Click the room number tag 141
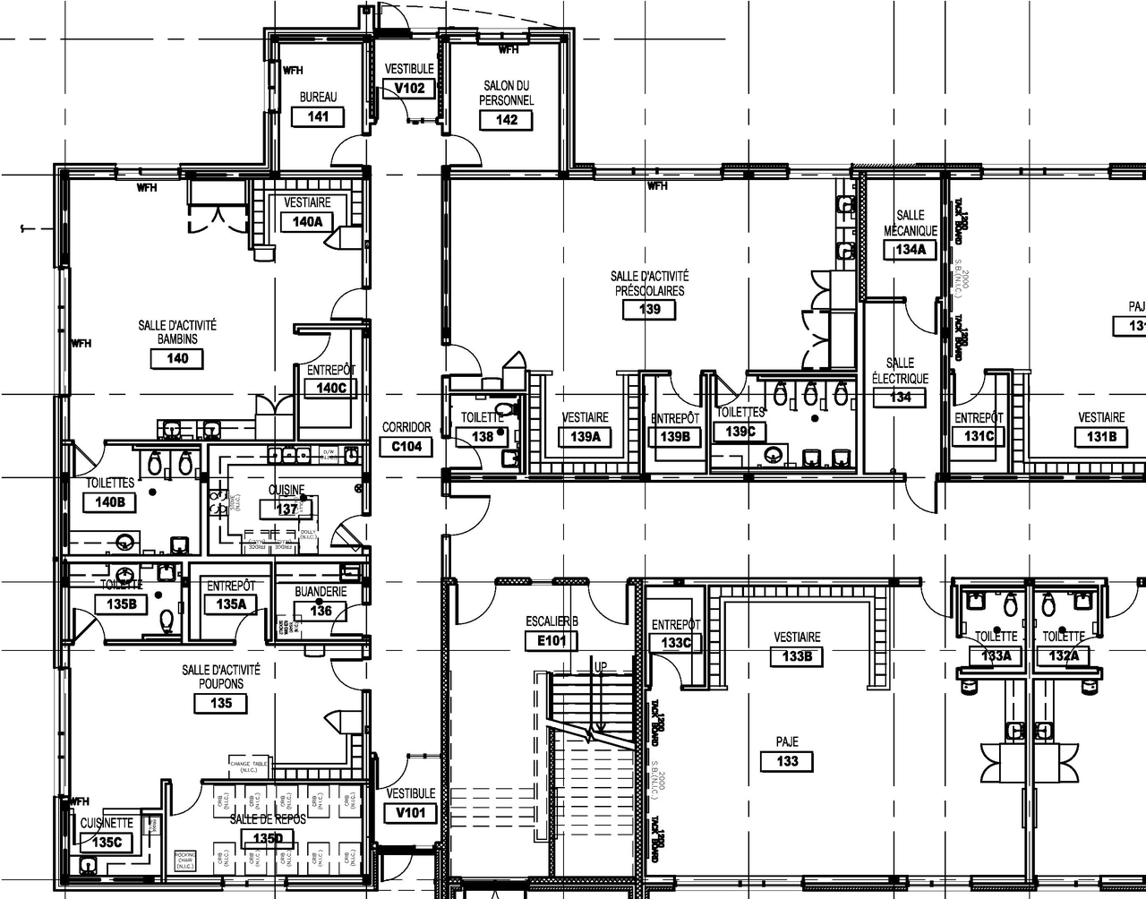coord(318,116)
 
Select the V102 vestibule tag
coord(409,89)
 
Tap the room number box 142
coord(506,120)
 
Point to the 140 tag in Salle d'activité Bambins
coord(177,359)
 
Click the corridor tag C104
coord(406,447)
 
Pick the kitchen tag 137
coord(286,509)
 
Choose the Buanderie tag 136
coord(321,612)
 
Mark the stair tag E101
coord(551,641)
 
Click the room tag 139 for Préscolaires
coord(649,310)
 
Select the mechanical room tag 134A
coord(910,251)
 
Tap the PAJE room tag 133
coord(787,762)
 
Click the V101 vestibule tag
coord(411,813)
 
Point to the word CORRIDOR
coord(406,428)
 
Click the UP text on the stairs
coord(600,667)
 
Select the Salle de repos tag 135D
coord(267,839)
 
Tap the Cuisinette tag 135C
coord(107,843)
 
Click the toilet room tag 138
coord(483,437)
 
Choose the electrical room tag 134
coord(901,398)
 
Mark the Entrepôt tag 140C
coord(330,389)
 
